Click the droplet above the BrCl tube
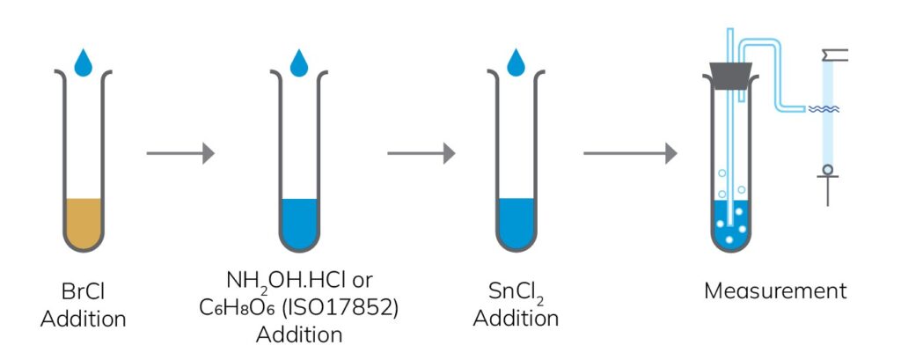coord(84,62)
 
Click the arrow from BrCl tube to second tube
coord(180,153)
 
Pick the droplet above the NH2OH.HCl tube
coord(300,62)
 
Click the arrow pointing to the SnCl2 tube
coord(421,153)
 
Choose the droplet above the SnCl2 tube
coord(516,62)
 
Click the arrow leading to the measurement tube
coord(630,153)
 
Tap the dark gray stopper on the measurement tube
coord(730,77)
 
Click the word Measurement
coord(775,291)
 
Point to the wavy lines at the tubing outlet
coord(824,109)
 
